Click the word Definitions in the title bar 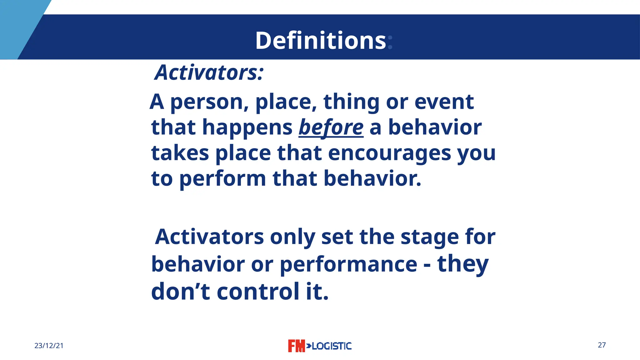(321, 41)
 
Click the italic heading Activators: (209, 72)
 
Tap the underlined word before (331, 127)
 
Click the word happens (247, 127)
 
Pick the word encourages (389, 153)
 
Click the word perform (222, 179)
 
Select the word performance (348, 264)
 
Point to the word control (258, 291)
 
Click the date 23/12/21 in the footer (49, 346)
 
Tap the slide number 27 (602, 345)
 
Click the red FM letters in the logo (296, 346)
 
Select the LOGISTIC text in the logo (332, 346)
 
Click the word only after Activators (292, 237)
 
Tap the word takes (180, 153)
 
